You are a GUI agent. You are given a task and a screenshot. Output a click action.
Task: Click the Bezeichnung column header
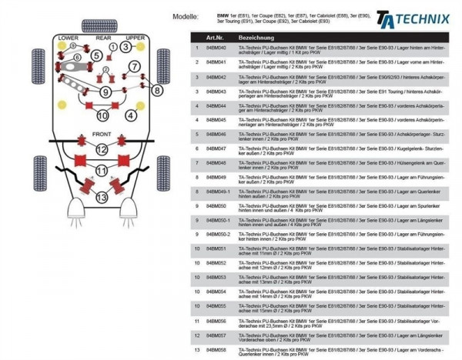[x=254, y=37]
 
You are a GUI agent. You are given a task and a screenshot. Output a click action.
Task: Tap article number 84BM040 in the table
[x=216, y=48]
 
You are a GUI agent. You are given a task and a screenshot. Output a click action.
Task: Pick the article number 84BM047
[x=216, y=148]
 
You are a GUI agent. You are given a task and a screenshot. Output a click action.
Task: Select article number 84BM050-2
[x=218, y=235]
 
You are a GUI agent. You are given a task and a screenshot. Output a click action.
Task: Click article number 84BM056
[x=216, y=320]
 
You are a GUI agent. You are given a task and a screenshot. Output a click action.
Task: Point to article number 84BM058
[x=216, y=349]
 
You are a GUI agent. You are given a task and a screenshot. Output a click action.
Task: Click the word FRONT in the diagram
[x=102, y=133]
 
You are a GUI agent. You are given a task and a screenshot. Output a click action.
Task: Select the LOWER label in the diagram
[x=68, y=38]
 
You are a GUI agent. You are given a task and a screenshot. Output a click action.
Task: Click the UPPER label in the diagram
[x=136, y=38]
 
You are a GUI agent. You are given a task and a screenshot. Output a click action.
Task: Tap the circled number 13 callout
[x=102, y=198]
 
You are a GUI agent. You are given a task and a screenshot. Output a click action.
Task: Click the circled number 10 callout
[x=102, y=116]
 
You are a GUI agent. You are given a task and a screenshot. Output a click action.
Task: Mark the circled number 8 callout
[x=156, y=91]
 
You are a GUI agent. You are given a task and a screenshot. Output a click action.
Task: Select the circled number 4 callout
[x=132, y=115]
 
